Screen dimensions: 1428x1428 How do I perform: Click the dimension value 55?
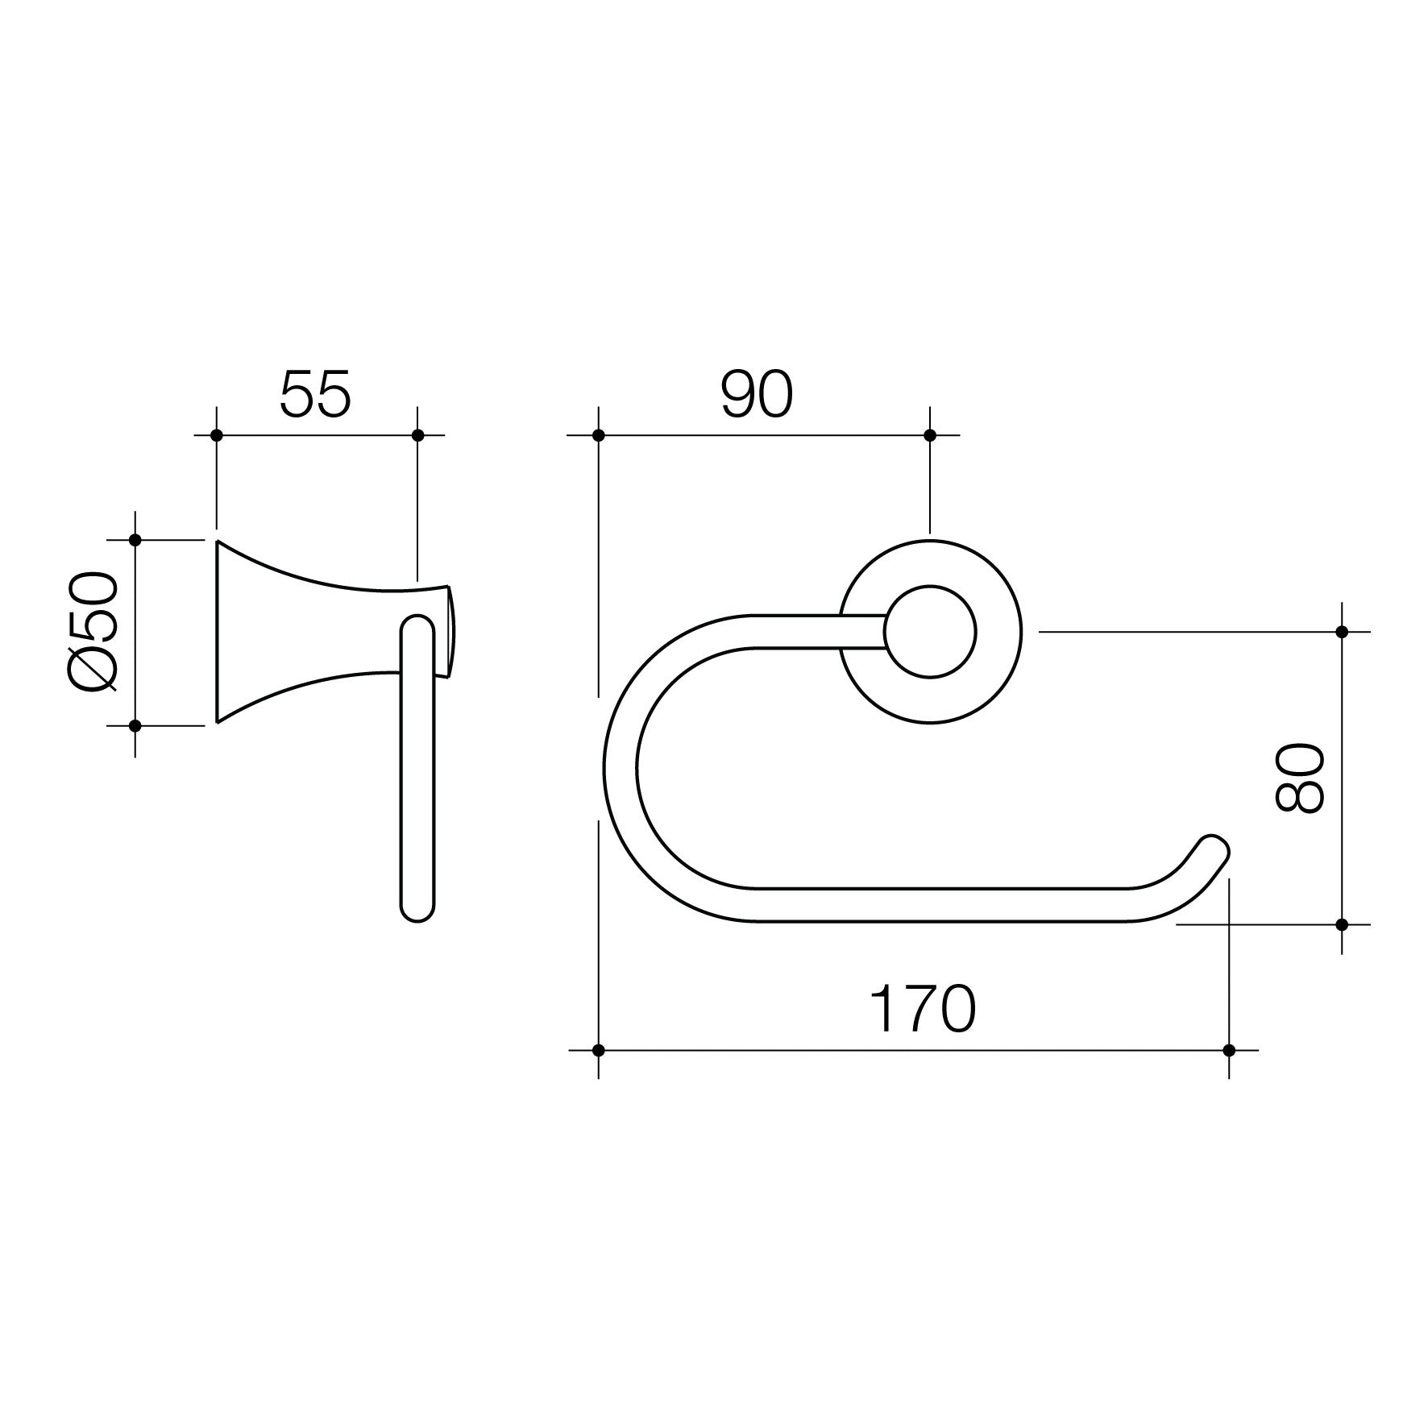point(316,395)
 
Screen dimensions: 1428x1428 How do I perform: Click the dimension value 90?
point(757,395)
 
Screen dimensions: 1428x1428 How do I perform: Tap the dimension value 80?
point(1299,778)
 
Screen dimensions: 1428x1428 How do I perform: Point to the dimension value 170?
point(923,1009)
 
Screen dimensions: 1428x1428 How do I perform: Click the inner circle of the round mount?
point(930,632)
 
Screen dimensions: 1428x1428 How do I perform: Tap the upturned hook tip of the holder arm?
point(1213,846)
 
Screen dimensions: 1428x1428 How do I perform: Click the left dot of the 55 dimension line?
point(216,435)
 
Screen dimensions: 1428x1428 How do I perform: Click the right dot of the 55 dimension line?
point(417,435)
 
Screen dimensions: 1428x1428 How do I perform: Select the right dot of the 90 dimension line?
point(930,435)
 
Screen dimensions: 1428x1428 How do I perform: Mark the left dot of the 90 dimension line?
point(598,435)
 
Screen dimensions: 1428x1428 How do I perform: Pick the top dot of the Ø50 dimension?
point(135,540)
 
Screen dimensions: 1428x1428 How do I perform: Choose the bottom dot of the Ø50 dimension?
point(135,726)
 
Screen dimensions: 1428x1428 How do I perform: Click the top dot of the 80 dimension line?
point(1342,632)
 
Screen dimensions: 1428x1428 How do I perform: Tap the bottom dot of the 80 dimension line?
point(1342,924)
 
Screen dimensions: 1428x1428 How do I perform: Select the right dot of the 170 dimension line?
point(1229,1050)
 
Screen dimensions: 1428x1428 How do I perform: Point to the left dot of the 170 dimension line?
point(598,1050)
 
